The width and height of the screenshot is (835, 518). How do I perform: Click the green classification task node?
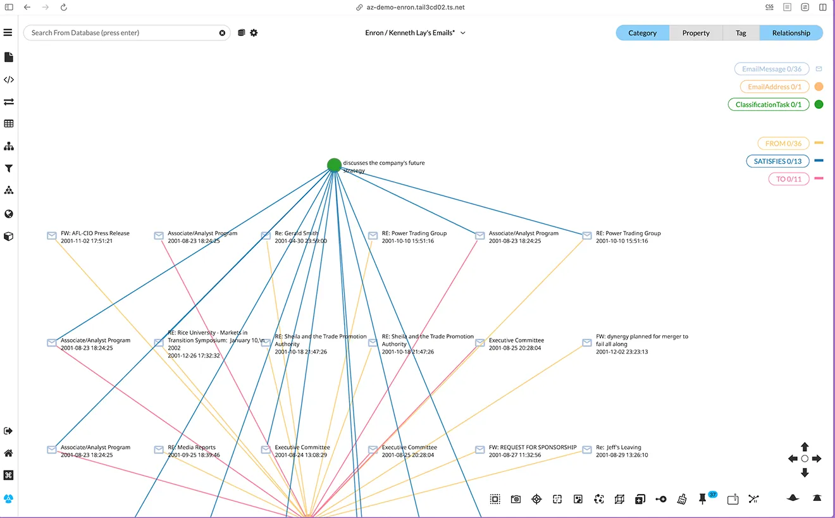point(334,164)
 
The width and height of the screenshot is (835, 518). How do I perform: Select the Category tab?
point(642,33)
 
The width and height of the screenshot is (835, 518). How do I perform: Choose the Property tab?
point(696,33)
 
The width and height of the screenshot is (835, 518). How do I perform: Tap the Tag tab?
point(741,33)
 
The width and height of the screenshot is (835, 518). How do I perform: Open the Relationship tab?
point(791,33)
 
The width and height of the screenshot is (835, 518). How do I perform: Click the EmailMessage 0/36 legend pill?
point(772,69)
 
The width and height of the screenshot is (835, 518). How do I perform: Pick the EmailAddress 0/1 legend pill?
point(775,87)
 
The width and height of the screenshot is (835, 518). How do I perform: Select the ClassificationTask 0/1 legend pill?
point(769,105)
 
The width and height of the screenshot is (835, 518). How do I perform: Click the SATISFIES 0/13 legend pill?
point(777,161)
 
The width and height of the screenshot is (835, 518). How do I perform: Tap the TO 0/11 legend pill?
point(789,179)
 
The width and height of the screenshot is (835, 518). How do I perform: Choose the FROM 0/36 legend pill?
point(783,144)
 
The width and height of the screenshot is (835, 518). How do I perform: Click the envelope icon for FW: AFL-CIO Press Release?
point(52,235)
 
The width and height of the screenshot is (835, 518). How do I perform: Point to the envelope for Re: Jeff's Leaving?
point(587,450)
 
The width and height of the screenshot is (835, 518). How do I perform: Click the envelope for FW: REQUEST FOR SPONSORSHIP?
point(479,450)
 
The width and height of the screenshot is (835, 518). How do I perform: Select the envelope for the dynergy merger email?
point(587,342)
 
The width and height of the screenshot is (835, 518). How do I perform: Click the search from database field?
point(123,33)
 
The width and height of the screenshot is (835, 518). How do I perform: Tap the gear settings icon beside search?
point(254,33)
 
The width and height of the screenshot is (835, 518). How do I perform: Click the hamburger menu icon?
point(8,32)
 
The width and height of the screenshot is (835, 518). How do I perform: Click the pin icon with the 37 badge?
point(703,499)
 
